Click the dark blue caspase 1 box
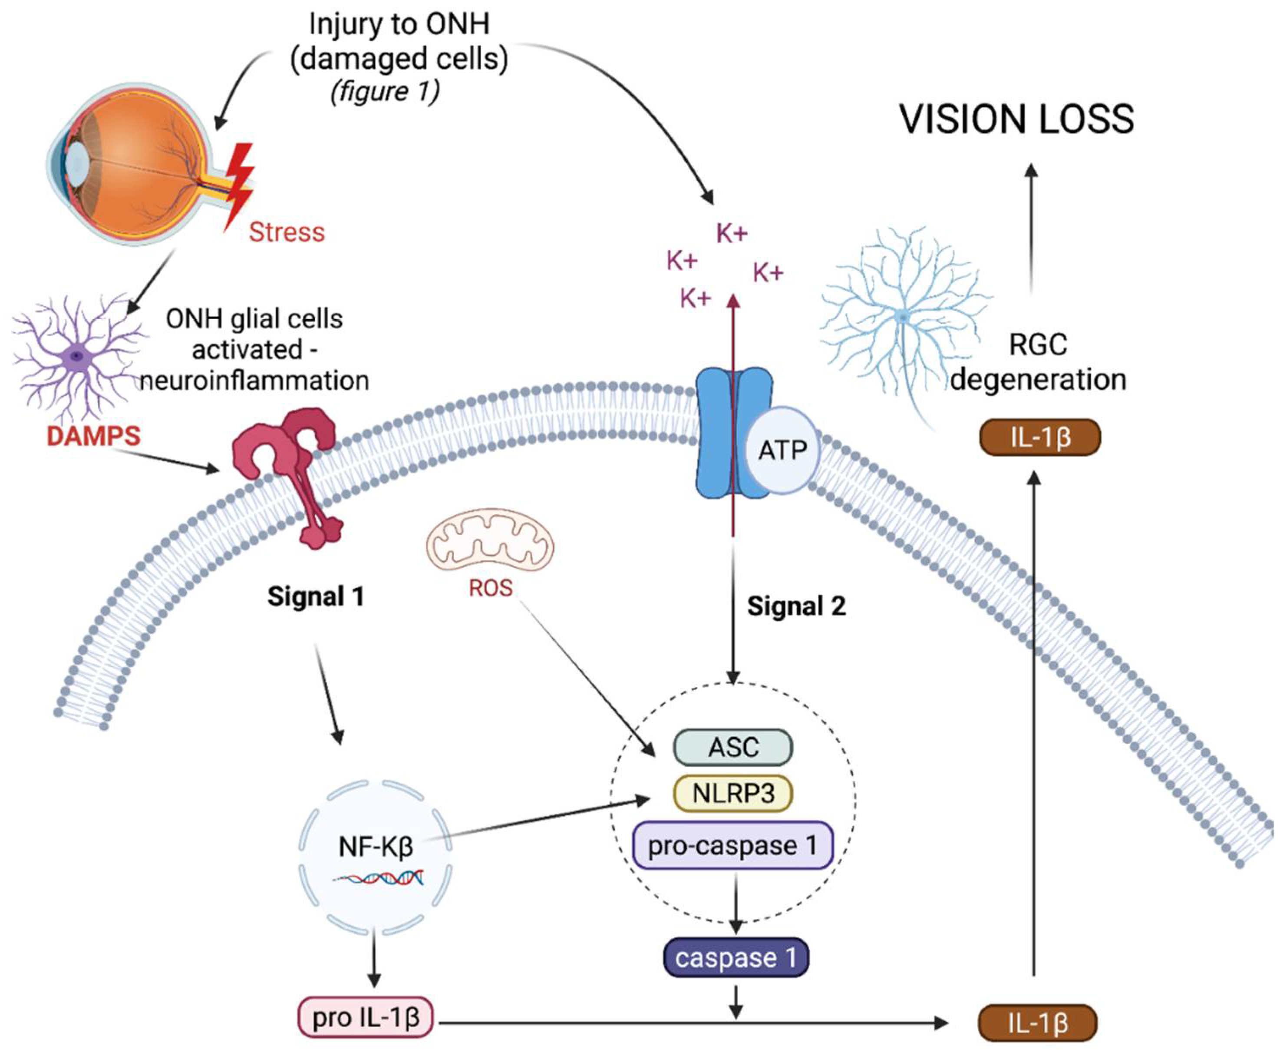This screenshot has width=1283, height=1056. pos(736,957)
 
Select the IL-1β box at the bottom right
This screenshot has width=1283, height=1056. pos(1037,1023)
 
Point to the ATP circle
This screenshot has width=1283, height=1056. pos(782,450)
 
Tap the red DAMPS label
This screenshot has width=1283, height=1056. pos(93,436)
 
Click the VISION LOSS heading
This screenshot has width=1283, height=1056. pos(1016,119)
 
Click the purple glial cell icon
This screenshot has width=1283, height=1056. pos(76,356)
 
